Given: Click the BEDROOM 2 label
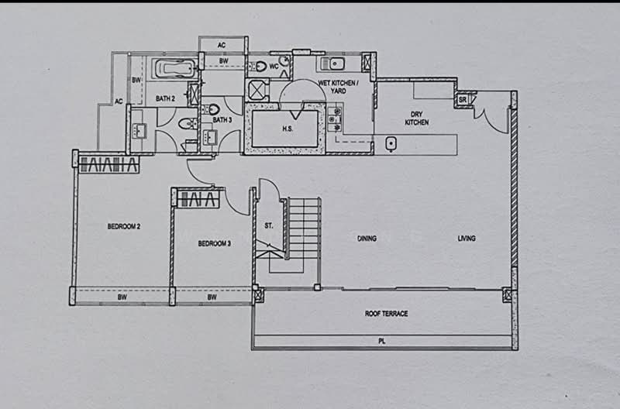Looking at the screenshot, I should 123,227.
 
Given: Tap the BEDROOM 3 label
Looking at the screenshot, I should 214,243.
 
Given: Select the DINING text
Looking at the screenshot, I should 367,239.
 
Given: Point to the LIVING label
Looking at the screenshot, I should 466,239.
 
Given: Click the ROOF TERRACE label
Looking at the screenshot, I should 386,314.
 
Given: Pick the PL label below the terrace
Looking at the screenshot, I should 382,341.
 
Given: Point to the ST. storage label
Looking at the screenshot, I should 268,227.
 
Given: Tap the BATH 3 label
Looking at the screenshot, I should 222,120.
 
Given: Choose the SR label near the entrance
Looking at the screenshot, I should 463,100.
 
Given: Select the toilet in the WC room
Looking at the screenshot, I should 260,67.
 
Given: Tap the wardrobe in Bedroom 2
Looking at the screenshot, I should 108,164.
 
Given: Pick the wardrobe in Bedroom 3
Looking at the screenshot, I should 200,200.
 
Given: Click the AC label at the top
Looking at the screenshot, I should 222,45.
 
